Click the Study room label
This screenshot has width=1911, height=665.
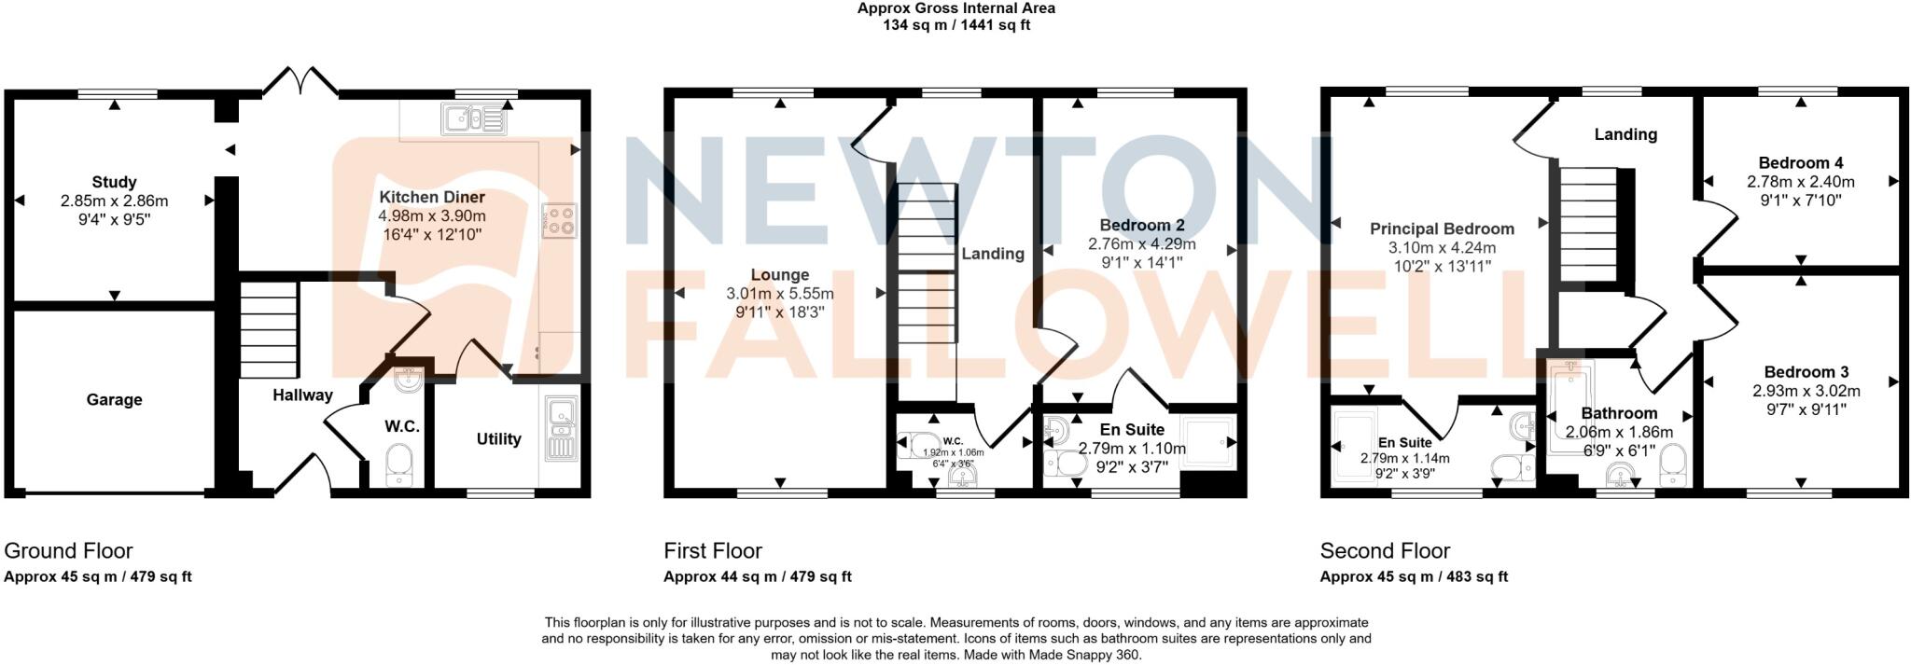click(114, 182)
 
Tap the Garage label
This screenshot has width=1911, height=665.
click(114, 400)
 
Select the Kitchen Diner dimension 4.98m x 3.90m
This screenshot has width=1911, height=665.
click(431, 215)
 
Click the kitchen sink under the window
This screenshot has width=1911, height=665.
click(474, 119)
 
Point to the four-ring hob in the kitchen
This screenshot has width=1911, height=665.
click(559, 220)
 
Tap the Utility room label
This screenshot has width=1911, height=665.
click(498, 439)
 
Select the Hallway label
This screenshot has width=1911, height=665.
click(302, 395)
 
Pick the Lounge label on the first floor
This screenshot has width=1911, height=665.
click(780, 275)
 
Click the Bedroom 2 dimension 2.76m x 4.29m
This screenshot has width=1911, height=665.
click(1141, 244)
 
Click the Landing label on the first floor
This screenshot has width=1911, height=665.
click(993, 254)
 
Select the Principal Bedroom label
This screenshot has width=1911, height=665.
click(1442, 229)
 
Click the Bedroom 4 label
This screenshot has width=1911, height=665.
click(1800, 163)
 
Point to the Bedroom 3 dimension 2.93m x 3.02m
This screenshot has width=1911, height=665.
click(1800, 391)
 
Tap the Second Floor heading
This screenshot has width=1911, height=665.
click(1385, 550)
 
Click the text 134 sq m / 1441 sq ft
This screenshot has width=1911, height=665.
click(956, 25)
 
